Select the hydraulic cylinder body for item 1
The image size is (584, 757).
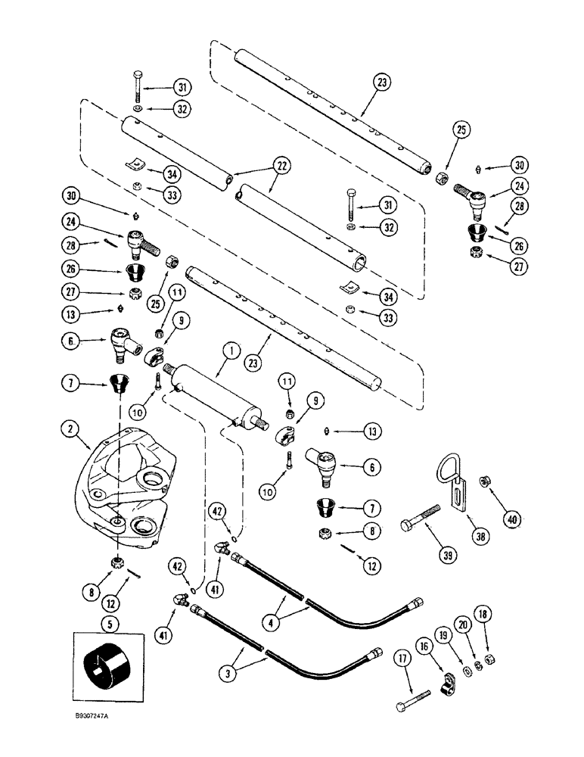[212, 394]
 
